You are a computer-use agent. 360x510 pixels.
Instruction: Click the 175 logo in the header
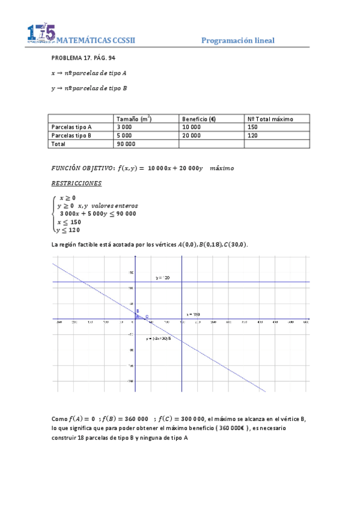tap(41, 34)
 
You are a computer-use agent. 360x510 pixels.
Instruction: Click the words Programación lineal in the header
tap(237, 40)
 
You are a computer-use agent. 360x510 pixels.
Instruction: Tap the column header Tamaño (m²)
tap(134, 119)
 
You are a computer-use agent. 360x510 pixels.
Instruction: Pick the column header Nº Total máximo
tap(270, 119)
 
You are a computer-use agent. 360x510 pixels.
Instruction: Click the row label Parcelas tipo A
tap(72, 127)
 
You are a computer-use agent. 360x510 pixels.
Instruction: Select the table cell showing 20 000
tap(193, 136)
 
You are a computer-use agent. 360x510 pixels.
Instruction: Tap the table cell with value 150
tap(252, 127)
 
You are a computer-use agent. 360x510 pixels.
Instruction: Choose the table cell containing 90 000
tap(126, 144)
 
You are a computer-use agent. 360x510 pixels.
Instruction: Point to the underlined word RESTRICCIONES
tap(76, 183)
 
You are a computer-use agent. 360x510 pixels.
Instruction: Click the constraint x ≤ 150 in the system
tap(69, 221)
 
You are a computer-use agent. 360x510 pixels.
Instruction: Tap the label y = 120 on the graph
tap(163, 278)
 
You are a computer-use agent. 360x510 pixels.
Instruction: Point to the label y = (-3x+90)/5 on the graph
tap(158, 339)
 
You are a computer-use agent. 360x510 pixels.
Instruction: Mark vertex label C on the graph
tap(147, 316)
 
